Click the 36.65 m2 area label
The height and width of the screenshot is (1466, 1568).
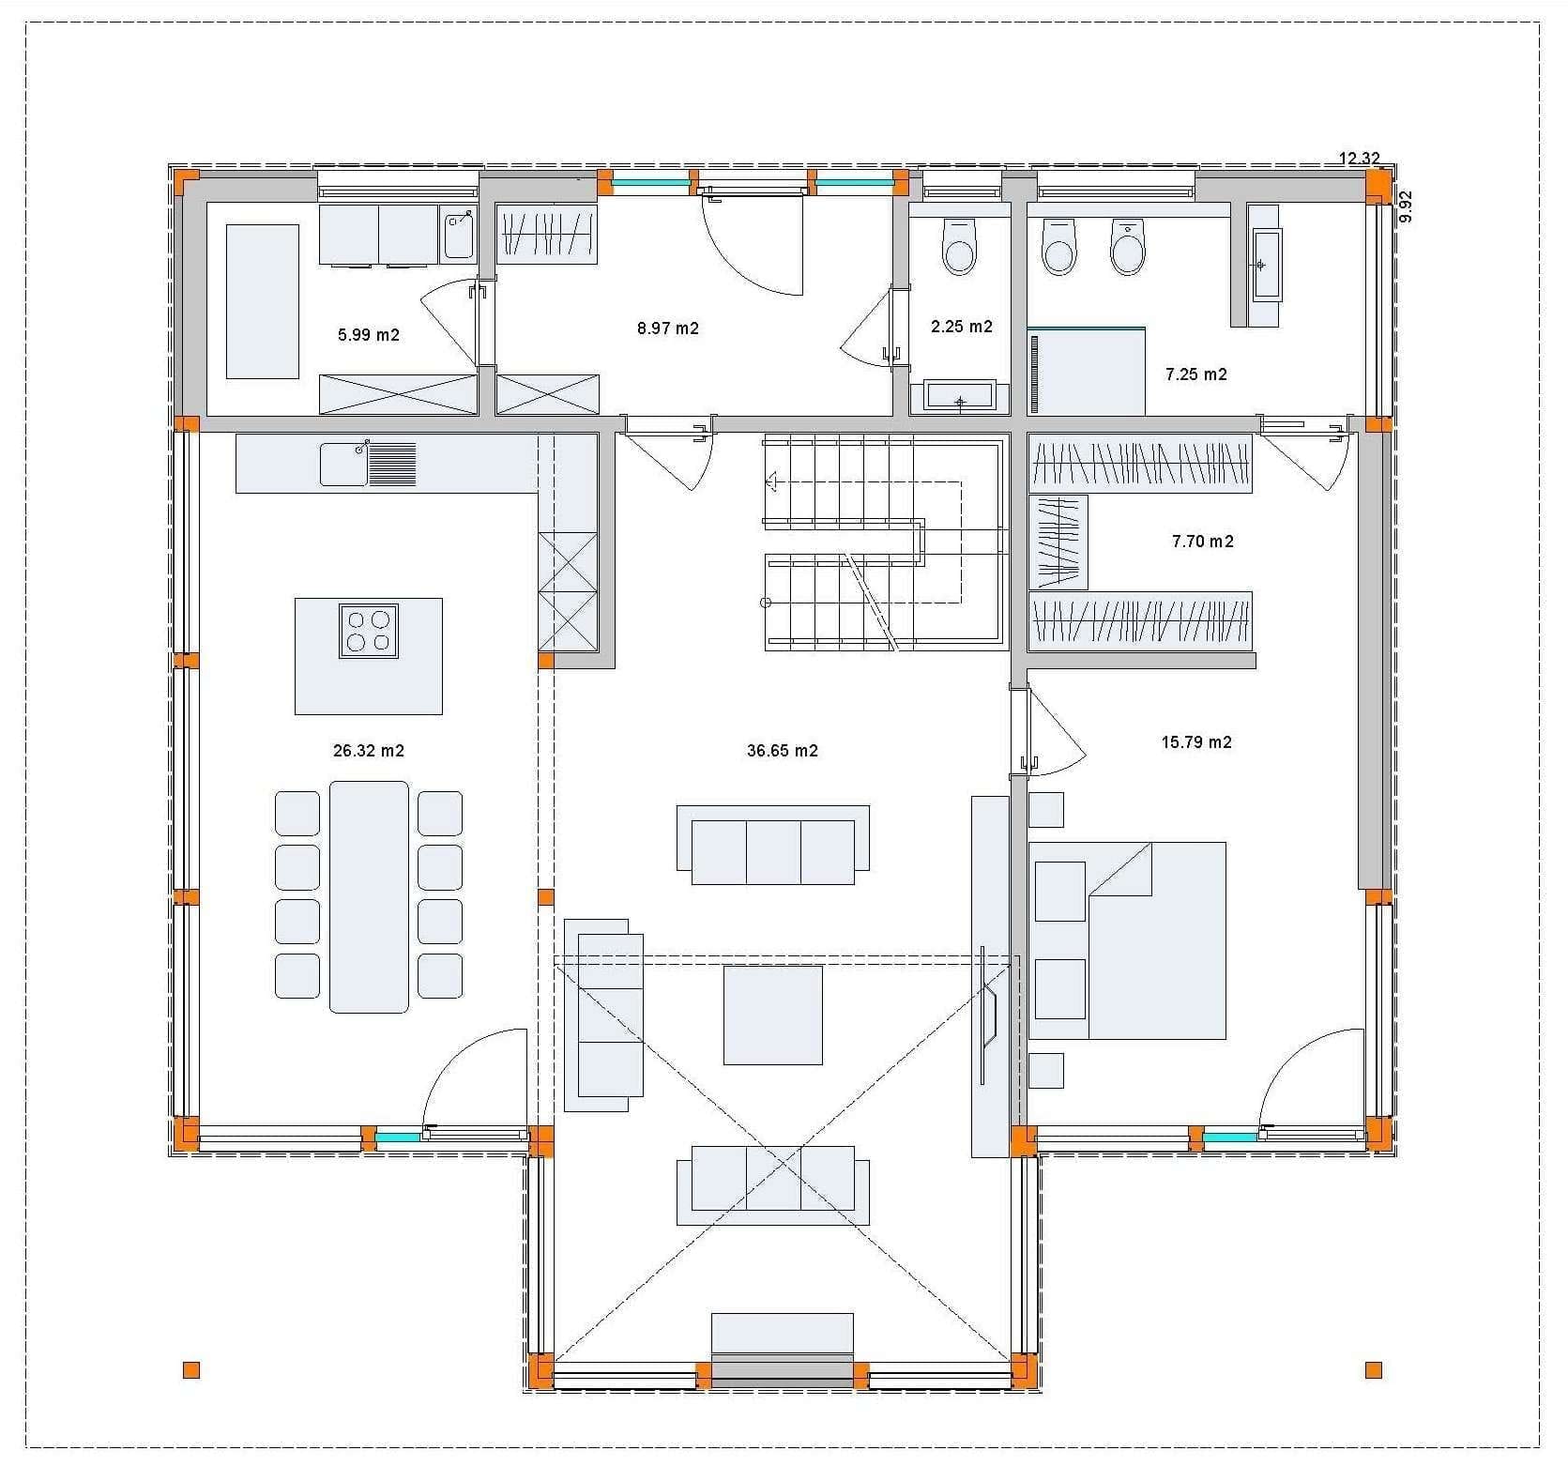[782, 751]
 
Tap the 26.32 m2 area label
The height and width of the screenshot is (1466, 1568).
[369, 751]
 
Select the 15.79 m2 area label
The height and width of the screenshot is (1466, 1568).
[1196, 742]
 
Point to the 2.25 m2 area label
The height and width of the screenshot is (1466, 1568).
[962, 327]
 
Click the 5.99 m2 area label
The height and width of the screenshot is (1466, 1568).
[369, 334]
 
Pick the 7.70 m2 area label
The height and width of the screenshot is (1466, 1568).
[1203, 542]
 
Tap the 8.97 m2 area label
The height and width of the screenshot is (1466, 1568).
[668, 328]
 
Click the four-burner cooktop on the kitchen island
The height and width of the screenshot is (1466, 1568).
[369, 631]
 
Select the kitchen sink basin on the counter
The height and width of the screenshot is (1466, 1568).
[343, 465]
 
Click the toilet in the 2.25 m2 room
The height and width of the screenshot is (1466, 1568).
[959, 246]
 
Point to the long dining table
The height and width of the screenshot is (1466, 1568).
[369, 897]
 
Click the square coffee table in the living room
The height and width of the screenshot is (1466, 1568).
[772, 1016]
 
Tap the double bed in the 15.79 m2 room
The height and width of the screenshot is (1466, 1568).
[1127, 940]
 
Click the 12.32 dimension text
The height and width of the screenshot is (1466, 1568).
[1359, 159]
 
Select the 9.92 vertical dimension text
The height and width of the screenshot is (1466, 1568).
[1406, 206]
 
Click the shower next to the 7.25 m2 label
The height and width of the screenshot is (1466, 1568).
[1087, 371]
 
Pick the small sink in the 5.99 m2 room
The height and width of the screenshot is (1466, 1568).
[459, 235]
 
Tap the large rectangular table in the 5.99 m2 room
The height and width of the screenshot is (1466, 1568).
[262, 301]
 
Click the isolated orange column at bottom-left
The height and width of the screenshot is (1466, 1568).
[191, 1370]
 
